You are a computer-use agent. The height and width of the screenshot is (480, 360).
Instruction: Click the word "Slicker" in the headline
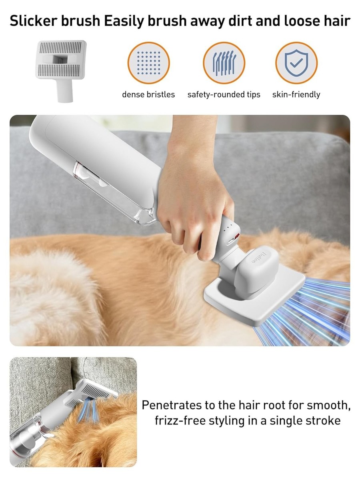coord(34,21)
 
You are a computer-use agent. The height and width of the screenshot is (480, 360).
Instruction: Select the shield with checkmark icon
coord(296,63)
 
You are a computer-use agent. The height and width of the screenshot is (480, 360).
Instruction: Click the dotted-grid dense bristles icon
coord(149,63)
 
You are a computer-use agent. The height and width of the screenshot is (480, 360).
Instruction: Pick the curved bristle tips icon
coord(224,63)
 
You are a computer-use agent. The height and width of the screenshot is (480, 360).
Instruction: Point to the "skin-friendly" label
coord(296,94)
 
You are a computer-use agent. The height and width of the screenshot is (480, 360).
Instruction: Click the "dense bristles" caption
coord(148,94)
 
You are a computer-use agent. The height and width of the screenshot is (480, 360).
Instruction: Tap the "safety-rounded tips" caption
coord(224,94)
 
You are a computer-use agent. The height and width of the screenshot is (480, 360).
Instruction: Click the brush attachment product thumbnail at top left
coord(61,71)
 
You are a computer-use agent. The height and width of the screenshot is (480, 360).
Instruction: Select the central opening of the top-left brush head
coord(61,59)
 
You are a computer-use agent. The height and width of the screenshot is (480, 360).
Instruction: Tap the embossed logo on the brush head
coord(260,258)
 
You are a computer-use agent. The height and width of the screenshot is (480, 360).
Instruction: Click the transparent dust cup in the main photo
coord(115,194)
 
